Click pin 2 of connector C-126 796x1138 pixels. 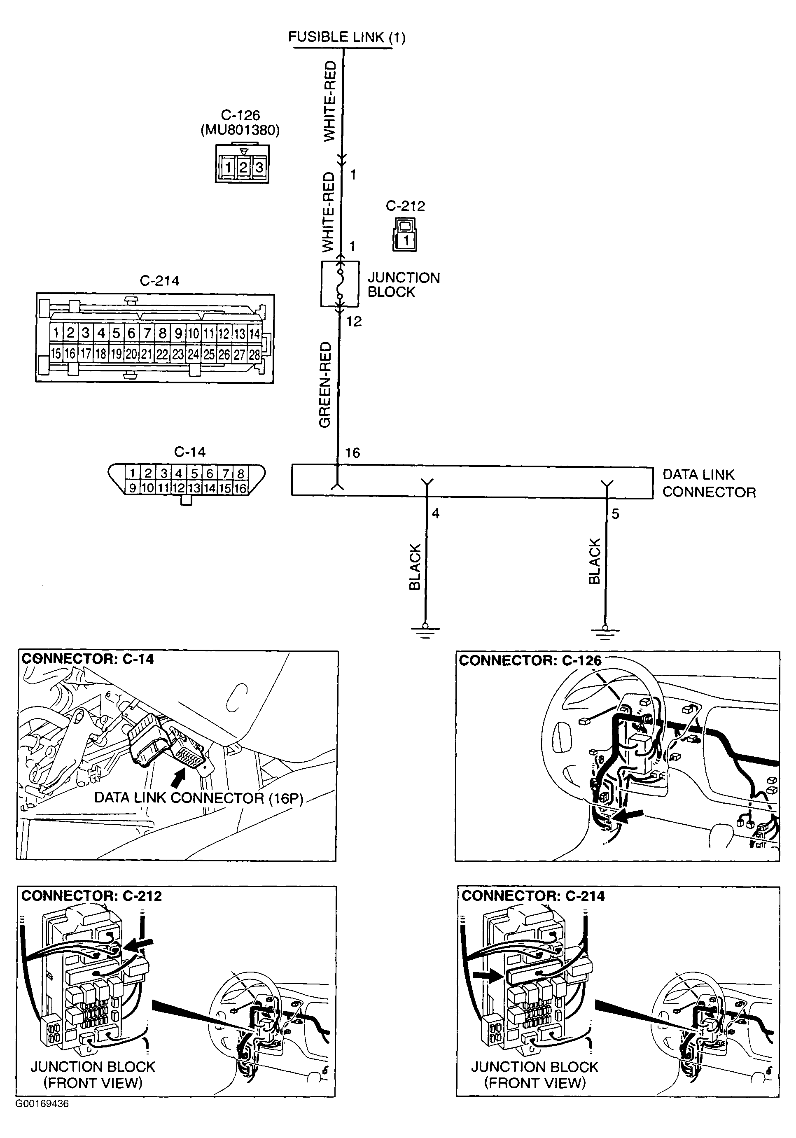[243, 168]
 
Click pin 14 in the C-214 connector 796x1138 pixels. [254, 333]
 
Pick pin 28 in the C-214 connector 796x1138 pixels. [254, 354]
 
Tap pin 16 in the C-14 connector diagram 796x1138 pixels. [240, 488]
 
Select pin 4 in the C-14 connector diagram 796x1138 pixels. [178, 473]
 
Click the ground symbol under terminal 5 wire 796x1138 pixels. [605, 630]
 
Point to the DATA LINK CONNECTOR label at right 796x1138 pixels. [709, 483]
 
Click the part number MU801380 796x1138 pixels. [240, 131]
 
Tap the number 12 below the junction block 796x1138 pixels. [354, 322]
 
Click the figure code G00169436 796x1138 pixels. [42, 1104]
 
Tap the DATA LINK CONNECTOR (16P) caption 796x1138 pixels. [198, 798]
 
